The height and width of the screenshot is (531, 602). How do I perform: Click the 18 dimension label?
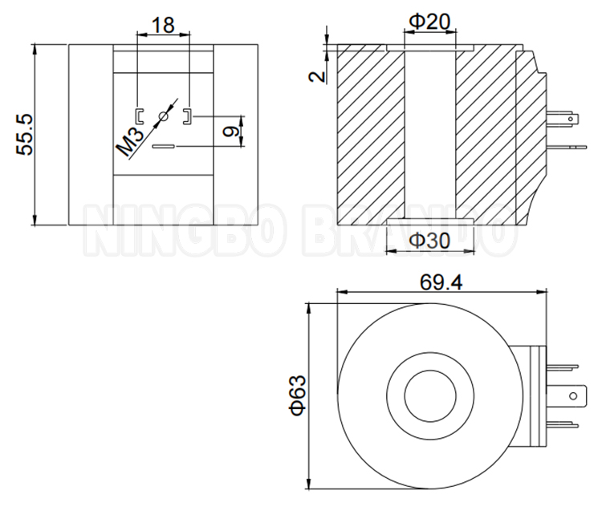tap(163, 26)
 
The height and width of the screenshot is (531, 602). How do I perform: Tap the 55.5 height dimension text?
tap(25, 135)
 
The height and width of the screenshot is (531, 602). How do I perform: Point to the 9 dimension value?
tap(230, 132)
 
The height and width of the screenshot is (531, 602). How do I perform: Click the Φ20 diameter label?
tap(429, 22)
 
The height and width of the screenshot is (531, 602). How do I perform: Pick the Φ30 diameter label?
tap(429, 241)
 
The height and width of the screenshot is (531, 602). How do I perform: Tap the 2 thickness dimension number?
tap(317, 76)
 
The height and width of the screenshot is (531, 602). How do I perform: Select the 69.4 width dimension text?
tap(441, 282)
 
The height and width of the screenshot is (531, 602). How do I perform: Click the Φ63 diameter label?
tap(298, 395)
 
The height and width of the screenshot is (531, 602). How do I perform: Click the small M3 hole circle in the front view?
tap(164, 116)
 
